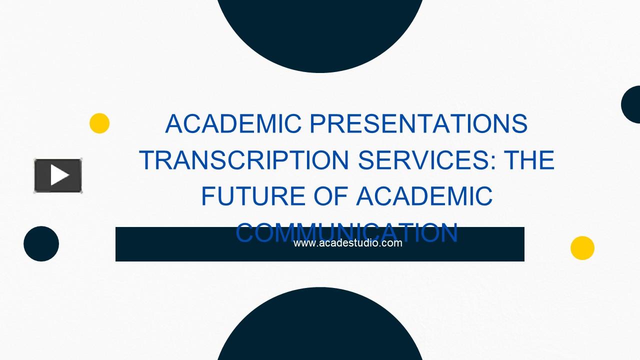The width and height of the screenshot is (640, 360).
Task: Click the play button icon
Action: tap(58, 175)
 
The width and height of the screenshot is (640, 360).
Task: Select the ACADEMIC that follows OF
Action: tap(424, 196)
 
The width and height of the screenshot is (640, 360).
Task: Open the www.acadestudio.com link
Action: tap(347, 243)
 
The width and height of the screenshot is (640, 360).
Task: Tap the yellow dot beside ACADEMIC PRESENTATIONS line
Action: tap(99, 123)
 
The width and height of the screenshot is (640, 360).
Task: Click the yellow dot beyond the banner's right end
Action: tap(582, 248)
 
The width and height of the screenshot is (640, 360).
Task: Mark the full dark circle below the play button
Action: tap(41, 244)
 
